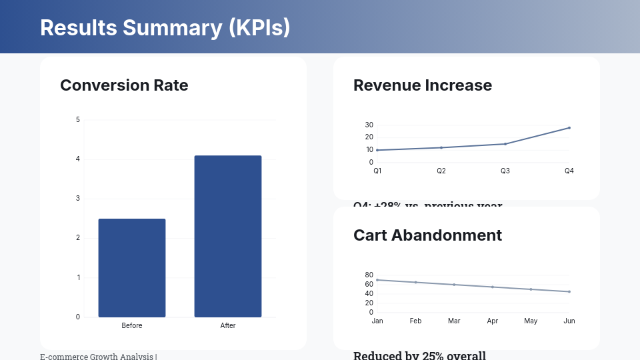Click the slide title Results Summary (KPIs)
tap(165, 27)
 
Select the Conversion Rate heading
tap(124, 85)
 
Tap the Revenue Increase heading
tap(422, 85)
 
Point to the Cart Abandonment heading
tap(427, 235)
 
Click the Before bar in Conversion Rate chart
tap(132, 267)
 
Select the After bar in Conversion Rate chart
tap(228, 236)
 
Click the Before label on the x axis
tap(132, 325)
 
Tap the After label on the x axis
tap(228, 325)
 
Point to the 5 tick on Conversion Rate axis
tap(78, 120)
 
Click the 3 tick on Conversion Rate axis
tap(78, 199)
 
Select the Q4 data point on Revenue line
tap(569, 127)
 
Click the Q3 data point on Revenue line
tap(505, 144)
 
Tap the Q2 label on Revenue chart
tap(441, 171)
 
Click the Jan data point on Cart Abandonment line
tap(377, 280)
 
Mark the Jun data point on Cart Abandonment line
tap(569, 291)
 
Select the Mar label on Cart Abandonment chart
tap(454, 321)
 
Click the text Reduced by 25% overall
tap(419, 355)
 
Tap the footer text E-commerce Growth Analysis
tap(97, 357)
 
